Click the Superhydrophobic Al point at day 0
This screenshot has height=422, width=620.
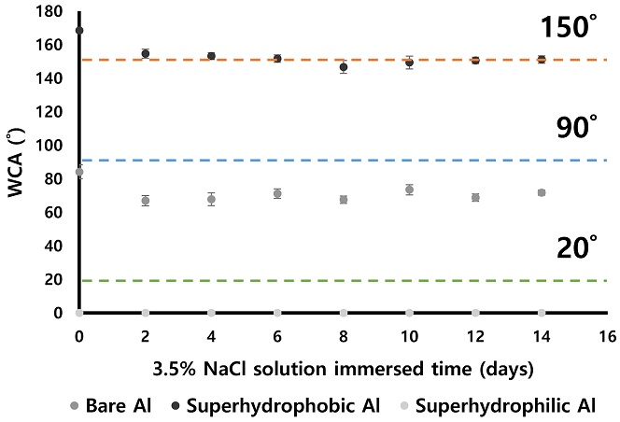coord(79,31)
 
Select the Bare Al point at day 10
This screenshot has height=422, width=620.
coord(409,190)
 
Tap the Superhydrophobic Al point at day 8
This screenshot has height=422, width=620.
coord(344,67)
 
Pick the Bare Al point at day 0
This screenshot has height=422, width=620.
coord(79,172)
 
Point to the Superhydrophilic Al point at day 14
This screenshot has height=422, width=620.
coord(542,313)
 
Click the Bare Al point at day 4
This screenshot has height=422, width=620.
coord(211,199)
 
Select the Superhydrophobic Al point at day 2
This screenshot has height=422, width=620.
coord(146,53)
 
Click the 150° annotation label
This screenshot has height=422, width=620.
coord(568,28)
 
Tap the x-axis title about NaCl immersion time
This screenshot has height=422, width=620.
coord(344,369)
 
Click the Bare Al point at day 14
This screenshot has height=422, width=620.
coord(542,192)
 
